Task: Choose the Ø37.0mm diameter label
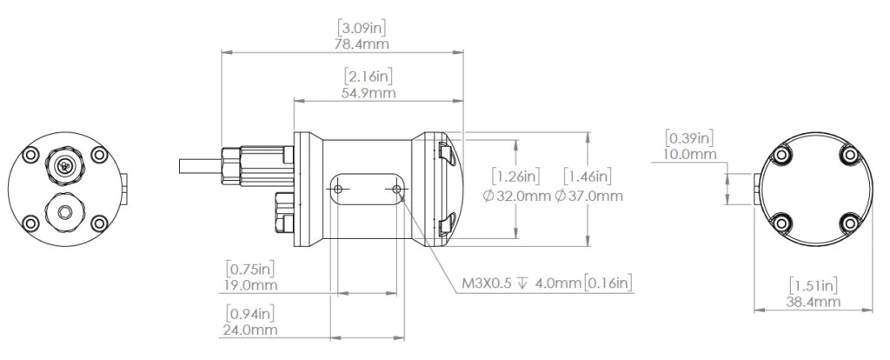pyautogui.click(x=588, y=196)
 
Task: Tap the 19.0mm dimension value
pyautogui.click(x=252, y=284)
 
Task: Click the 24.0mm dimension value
pyautogui.click(x=252, y=330)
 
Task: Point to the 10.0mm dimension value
pyautogui.click(x=690, y=155)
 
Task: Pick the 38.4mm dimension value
pyautogui.click(x=814, y=302)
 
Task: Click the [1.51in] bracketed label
pyautogui.click(x=814, y=284)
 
